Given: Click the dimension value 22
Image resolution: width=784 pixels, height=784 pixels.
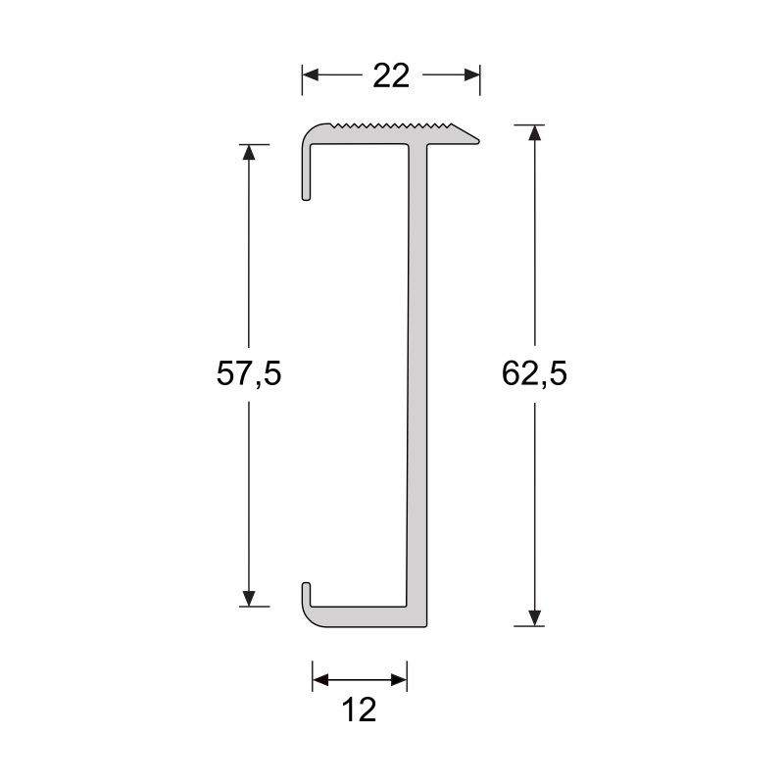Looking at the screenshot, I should [391, 76].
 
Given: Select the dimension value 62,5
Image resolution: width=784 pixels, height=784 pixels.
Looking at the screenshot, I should [534, 373].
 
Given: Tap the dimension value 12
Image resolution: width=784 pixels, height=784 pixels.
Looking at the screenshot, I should [361, 710].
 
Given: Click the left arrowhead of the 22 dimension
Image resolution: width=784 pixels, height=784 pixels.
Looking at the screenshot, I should [311, 75].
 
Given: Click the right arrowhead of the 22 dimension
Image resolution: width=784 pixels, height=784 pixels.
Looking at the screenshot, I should [472, 75].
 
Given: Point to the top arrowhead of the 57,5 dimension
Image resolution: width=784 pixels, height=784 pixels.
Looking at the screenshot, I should [249, 153].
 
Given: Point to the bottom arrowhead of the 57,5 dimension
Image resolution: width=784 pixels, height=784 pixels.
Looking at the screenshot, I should [249, 598].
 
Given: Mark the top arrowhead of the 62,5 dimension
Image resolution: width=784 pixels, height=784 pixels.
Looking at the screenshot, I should [534, 133].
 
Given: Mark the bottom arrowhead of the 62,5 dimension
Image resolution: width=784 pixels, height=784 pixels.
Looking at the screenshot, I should [534, 617].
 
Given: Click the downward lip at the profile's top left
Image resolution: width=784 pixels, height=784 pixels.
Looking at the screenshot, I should [307, 176].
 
